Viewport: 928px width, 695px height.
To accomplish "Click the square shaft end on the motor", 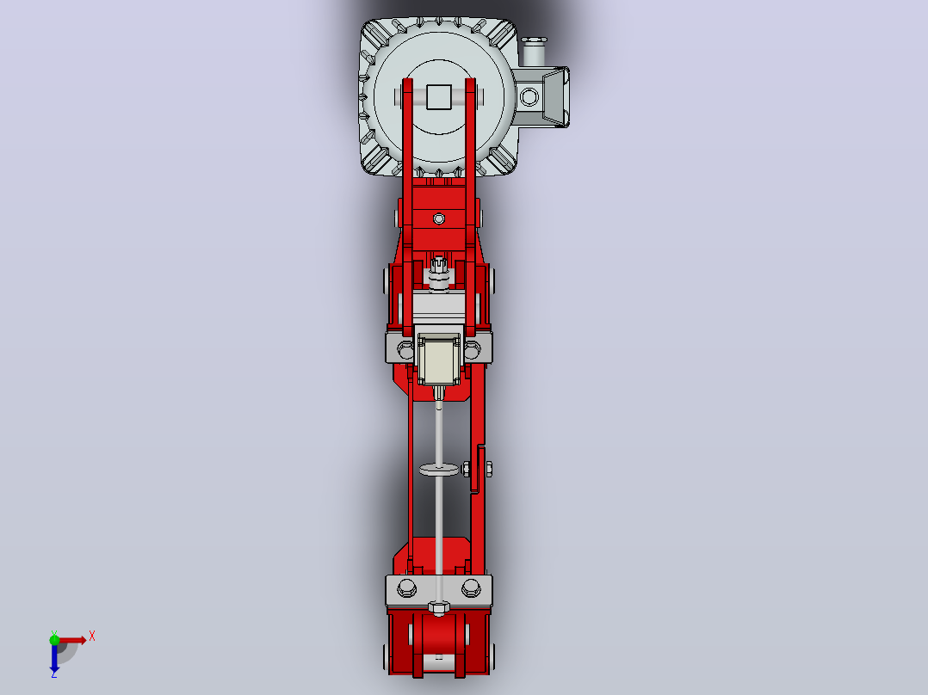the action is coord(438,97).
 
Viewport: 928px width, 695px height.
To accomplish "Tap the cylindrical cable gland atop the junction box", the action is coord(533,52).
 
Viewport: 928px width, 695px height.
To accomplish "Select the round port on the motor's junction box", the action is coord(529,97).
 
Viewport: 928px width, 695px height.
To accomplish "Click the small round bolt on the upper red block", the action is coord(438,218).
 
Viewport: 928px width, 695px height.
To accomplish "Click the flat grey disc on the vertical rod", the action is coord(439,470).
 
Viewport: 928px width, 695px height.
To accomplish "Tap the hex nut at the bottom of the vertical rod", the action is coord(438,607).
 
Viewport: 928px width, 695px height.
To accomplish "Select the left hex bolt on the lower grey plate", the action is coord(406,587).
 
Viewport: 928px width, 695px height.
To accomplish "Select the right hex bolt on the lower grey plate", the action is coord(471,587).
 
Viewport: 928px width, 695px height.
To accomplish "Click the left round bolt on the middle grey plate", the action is coord(405,349).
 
